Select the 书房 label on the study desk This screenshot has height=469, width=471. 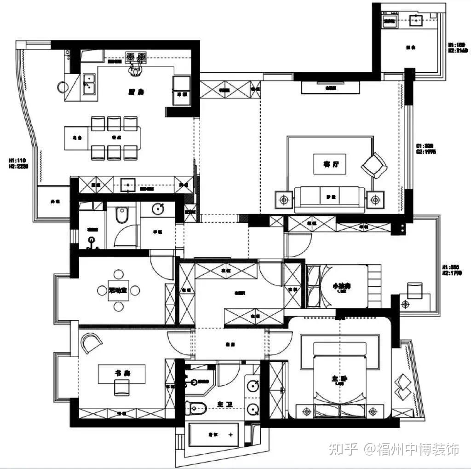[121, 372]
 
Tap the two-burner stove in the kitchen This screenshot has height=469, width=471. [136, 57]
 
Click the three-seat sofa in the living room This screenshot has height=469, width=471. [330, 198]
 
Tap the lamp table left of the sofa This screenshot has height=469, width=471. [284, 200]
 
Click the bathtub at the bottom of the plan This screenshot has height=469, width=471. [214, 434]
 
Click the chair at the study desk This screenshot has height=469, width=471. [122, 388]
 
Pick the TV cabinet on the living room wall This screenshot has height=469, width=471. [330, 87]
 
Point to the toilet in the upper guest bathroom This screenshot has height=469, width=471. [122, 214]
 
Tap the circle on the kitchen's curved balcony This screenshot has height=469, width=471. [63, 87]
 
